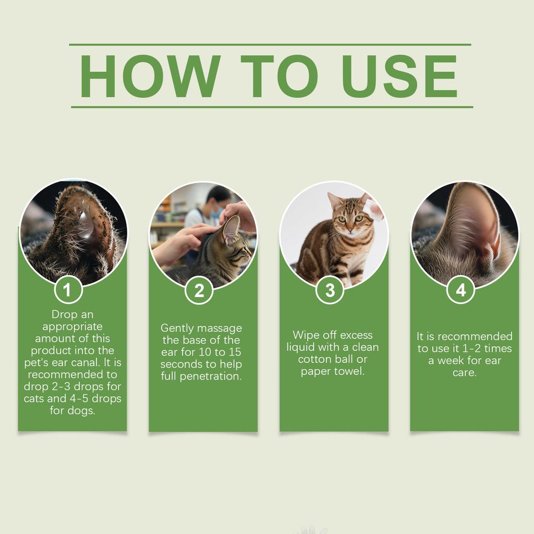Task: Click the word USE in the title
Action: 400,76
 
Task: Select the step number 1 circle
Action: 68,290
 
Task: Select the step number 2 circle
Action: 199,290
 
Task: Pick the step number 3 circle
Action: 330,290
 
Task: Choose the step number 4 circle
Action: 460,290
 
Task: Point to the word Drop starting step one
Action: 65,314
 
